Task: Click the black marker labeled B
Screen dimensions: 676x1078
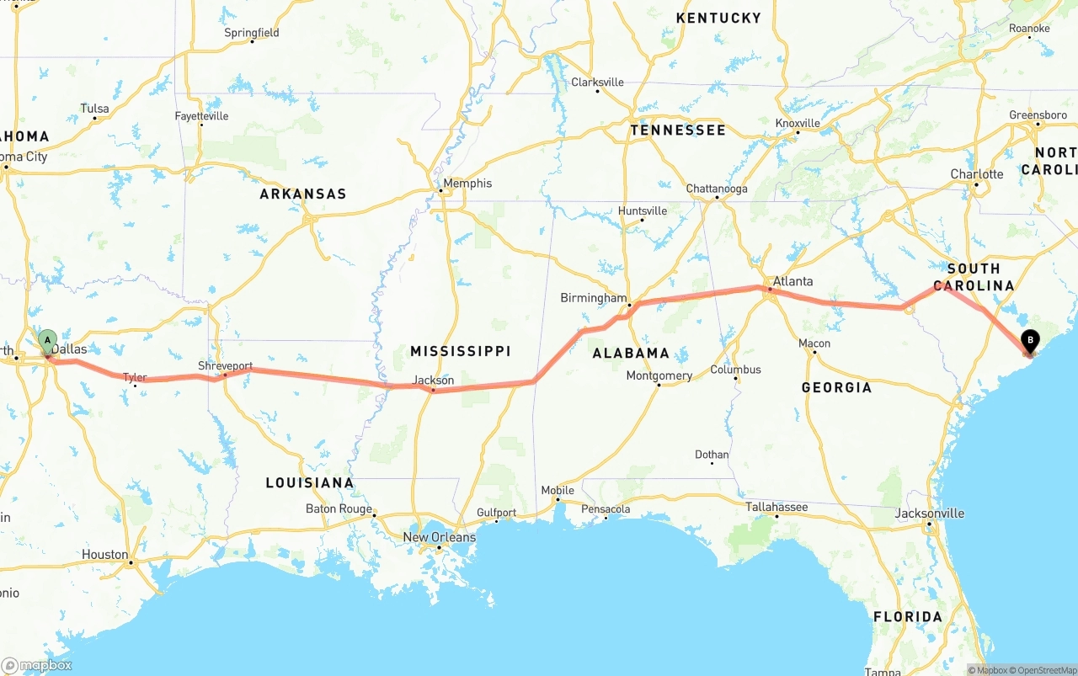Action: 1029,341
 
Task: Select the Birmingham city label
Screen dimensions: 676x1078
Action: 594,298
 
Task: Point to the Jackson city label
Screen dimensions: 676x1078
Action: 433,381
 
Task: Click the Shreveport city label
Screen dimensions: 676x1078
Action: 225,366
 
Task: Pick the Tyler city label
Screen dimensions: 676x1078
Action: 135,377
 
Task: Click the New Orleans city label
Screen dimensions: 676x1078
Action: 439,537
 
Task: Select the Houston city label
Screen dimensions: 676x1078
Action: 104,555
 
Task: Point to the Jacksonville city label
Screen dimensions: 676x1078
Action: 929,514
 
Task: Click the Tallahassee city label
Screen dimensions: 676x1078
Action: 776,507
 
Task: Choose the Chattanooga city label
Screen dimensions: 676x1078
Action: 716,189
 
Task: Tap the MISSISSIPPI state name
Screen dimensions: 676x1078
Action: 460,351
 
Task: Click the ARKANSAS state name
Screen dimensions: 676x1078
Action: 302,194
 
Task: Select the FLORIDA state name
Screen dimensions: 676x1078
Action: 907,617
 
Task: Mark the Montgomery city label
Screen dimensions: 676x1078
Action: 659,375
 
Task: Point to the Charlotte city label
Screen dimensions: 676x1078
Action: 977,174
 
